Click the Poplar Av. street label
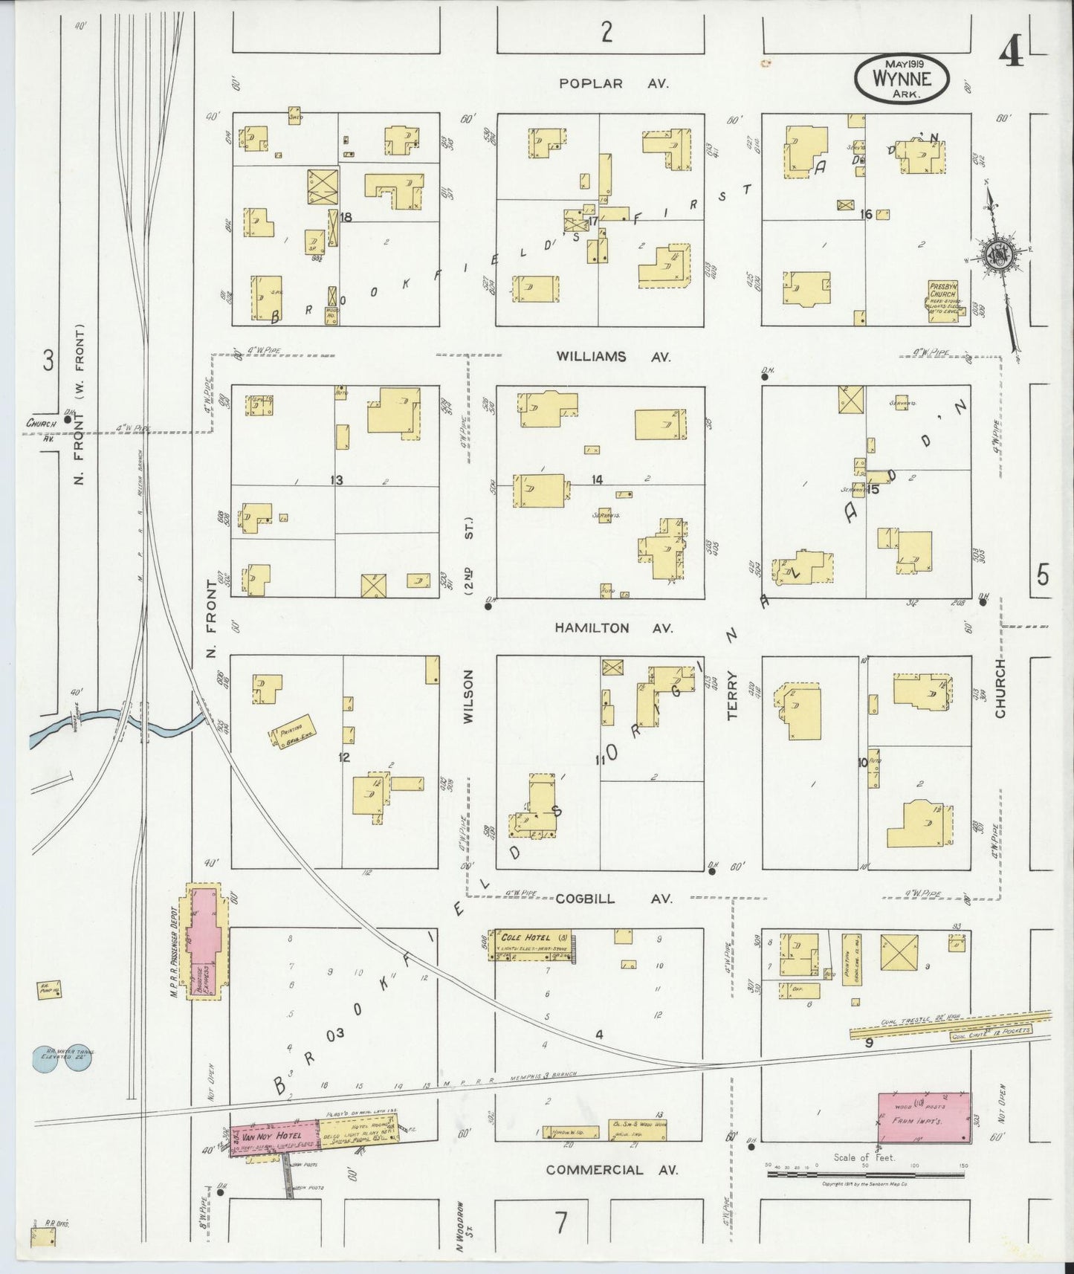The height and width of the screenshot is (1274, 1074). point(613,83)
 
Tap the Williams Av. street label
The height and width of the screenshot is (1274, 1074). point(613,357)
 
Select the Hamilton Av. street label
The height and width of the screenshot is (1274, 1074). point(613,628)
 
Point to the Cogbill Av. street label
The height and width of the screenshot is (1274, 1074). point(613,899)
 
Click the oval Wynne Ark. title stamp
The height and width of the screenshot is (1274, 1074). point(902,77)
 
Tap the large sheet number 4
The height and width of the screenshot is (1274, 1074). point(1010,52)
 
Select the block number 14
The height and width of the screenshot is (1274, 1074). point(597,480)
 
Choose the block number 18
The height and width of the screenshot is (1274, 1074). point(346,217)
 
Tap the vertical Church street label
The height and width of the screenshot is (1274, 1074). point(1000,688)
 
